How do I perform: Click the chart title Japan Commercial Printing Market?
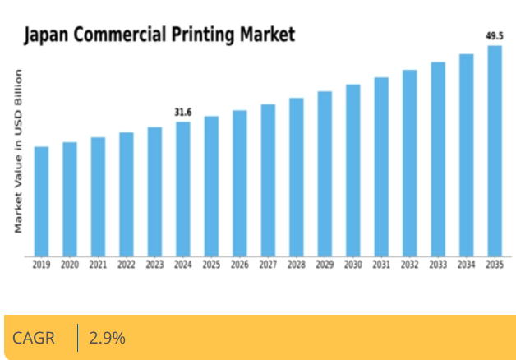159,35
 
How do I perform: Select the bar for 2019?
42,201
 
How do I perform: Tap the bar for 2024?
183,189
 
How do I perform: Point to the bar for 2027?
268,180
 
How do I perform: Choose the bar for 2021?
99,196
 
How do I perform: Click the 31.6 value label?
183,112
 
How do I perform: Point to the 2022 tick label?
127,265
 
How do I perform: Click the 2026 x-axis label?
240,265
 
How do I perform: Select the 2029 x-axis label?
325,265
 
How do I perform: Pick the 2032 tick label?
410,265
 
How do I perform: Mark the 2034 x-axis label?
467,265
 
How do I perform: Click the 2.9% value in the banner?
107,338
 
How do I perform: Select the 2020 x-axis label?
70,265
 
